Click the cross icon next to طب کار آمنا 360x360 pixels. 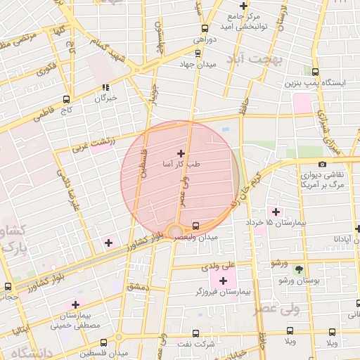point(181,153)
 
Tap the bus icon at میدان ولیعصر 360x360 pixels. point(195,226)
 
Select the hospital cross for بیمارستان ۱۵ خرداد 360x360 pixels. point(275,212)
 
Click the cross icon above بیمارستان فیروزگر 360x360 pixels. point(224,281)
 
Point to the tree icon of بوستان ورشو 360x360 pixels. point(299,269)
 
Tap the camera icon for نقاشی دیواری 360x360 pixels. point(322,165)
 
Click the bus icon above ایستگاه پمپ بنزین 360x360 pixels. point(314,72)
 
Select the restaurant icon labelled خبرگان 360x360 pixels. point(105,88)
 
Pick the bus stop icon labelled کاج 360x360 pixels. point(66,99)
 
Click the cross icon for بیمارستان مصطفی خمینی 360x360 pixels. point(75,305)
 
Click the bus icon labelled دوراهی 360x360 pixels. point(205,29)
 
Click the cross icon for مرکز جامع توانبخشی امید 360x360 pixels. point(244,13)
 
